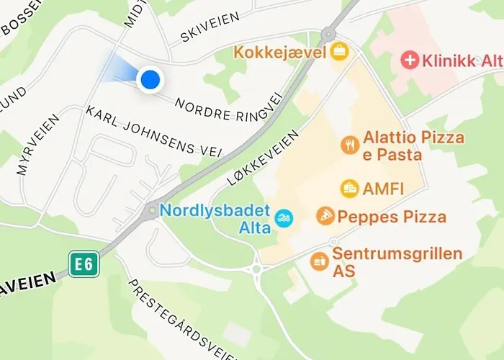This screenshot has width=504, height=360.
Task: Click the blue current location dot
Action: coord(150,79)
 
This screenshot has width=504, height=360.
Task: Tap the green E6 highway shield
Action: coord(84,264)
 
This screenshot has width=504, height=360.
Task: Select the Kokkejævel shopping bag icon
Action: coord(339,52)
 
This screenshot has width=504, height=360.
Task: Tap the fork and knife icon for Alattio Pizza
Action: coord(350,144)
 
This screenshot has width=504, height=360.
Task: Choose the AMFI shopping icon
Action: coord(350,189)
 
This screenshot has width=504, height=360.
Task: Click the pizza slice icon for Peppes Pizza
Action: coord(325,216)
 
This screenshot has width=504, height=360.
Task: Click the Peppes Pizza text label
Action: coord(392,216)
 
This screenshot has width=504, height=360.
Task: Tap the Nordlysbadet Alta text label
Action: coord(215,220)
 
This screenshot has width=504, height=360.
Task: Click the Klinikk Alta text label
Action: coord(459,60)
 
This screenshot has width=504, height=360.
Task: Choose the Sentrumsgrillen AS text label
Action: coord(397,262)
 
